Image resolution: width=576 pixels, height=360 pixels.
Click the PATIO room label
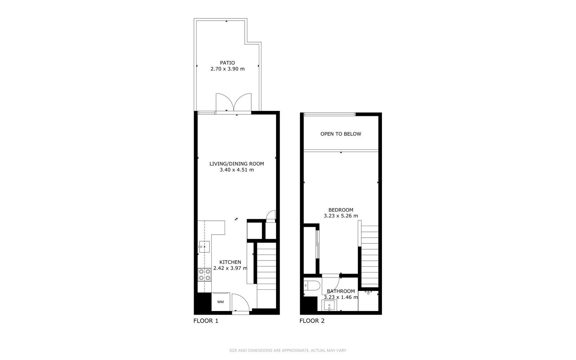pyautogui.click(x=227, y=63)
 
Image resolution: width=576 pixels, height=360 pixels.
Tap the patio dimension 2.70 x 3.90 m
pyautogui.click(x=228, y=69)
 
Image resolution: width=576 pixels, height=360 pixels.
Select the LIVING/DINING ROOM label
pyautogui.click(x=237, y=164)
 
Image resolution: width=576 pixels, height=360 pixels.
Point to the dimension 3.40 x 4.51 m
pyautogui.click(x=237, y=170)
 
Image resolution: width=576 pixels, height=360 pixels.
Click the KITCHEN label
pyautogui.click(x=230, y=262)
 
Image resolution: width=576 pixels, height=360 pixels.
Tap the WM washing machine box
pyautogui.click(x=221, y=302)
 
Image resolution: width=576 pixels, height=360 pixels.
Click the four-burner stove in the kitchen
pyautogui.click(x=204, y=275)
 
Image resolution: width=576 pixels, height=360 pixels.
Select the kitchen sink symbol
pyautogui.click(x=204, y=247)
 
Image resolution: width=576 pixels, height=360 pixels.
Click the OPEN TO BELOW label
pyautogui.click(x=341, y=134)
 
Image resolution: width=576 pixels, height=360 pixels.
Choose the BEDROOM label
pyautogui.click(x=341, y=210)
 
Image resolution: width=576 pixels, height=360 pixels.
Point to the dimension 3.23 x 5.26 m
pyautogui.click(x=341, y=216)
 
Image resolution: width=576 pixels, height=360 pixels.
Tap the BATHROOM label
pyautogui.click(x=341, y=291)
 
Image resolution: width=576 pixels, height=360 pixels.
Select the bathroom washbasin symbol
pyautogui.click(x=329, y=306)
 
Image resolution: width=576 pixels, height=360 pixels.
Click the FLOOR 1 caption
pyautogui.click(x=206, y=321)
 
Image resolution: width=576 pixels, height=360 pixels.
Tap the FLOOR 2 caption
pyautogui.click(x=312, y=321)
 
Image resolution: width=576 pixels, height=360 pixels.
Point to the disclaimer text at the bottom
pyautogui.click(x=288, y=351)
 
